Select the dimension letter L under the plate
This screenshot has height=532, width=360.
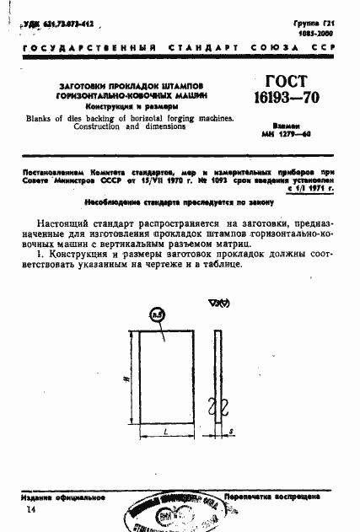pyautogui.click(x=165, y=431)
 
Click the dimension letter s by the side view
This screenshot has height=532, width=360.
pyautogui.click(x=231, y=432)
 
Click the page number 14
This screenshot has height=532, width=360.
pyautogui.click(x=31, y=511)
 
